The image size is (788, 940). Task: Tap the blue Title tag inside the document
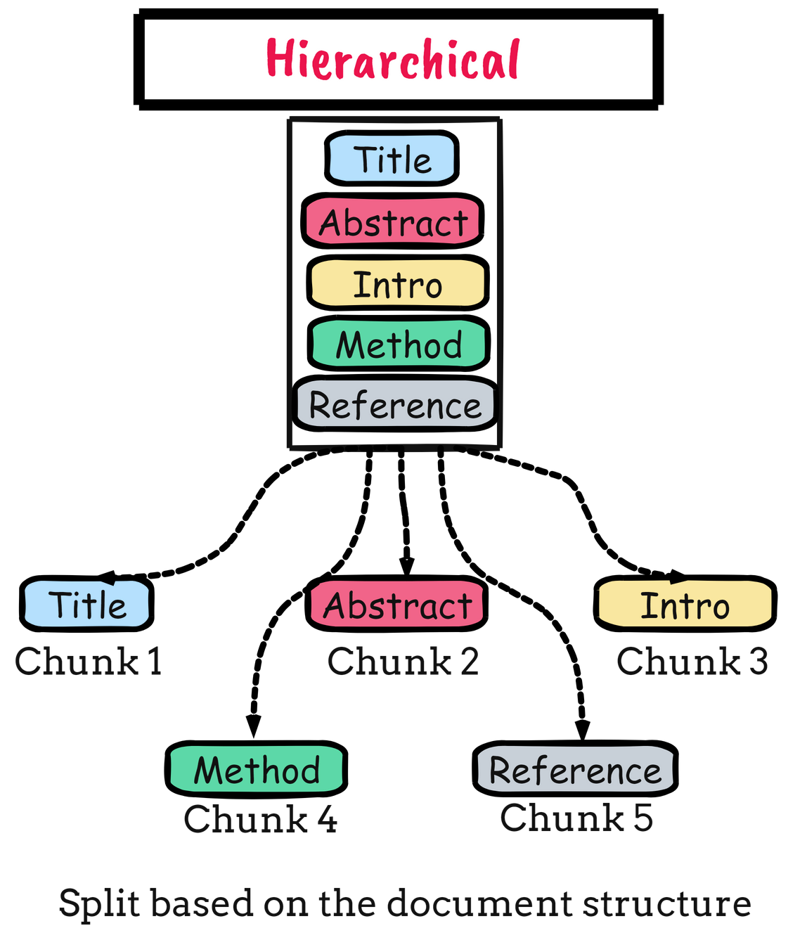[x=392, y=159]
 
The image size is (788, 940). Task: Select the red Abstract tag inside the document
[x=393, y=221]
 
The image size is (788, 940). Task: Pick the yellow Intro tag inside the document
[x=398, y=284]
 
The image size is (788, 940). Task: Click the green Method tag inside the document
[x=399, y=345]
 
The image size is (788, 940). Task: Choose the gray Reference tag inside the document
[x=395, y=405]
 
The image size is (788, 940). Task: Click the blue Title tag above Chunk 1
[x=87, y=605]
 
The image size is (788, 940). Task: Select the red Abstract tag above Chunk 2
[x=397, y=605]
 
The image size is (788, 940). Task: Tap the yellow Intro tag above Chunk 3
[x=685, y=605]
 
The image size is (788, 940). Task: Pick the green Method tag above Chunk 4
[x=257, y=769]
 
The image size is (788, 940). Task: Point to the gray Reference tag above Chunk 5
[x=575, y=769]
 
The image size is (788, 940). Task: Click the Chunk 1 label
[x=89, y=662]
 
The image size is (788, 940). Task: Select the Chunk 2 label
[x=403, y=662]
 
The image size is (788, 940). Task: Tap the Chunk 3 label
[x=692, y=662]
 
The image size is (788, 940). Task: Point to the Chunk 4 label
[x=260, y=819]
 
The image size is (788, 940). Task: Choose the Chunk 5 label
[x=576, y=818]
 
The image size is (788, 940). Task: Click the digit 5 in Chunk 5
[x=643, y=818]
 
